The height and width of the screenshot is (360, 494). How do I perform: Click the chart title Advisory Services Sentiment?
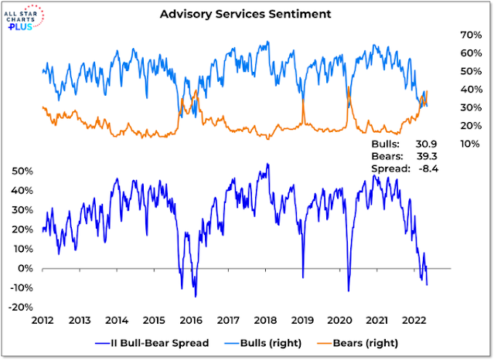click(247, 15)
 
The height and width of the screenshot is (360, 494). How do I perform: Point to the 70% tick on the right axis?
click(450, 35)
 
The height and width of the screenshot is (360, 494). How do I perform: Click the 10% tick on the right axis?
click(450, 144)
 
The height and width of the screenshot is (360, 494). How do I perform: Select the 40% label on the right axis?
click(450, 90)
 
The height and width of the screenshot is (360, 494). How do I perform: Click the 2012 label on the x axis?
click(43, 319)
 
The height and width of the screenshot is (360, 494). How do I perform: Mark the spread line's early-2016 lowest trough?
click(196, 296)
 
